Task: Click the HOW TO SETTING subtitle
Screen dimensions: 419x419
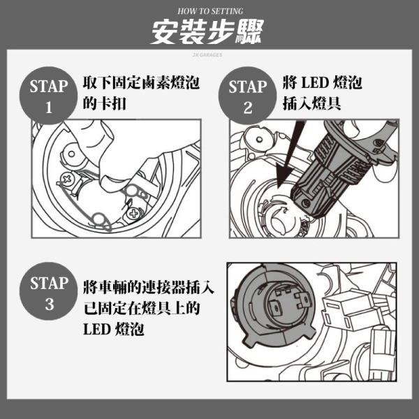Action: point(210,11)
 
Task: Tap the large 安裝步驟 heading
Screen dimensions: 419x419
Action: point(207,32)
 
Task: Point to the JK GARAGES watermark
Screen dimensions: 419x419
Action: point(207,54)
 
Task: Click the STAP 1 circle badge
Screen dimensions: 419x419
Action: point(48,96)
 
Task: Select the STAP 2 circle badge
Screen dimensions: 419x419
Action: point(247,96)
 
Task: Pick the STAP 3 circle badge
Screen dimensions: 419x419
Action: point(49,291)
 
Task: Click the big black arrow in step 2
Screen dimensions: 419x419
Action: point(289,158)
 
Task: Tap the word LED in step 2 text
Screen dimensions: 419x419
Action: point(315,83)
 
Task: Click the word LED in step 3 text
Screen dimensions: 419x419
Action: point(97,329)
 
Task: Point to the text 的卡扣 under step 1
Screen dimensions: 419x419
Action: point(104,103)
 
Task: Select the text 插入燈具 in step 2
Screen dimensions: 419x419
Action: point(311,103)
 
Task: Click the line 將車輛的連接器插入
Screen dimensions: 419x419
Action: point(149,287)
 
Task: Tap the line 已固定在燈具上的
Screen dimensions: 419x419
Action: point(142,308)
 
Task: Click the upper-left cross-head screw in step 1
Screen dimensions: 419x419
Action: point(67,178)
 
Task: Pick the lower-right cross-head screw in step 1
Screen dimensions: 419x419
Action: point(133,213)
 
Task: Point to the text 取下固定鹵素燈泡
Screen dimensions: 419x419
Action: point(141,83)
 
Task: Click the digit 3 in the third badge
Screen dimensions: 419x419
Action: point(49,304)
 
